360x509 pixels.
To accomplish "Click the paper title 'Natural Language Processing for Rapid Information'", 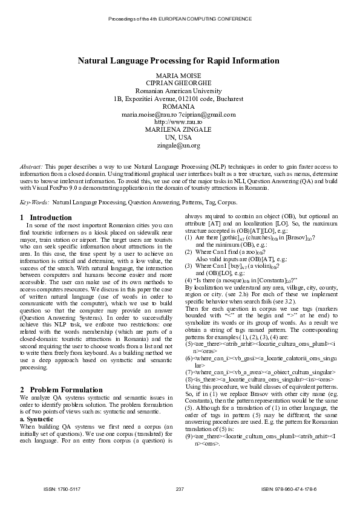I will point(178,61).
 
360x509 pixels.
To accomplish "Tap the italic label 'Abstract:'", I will point(31,166).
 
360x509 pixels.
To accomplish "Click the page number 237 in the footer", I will point(179,488).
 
